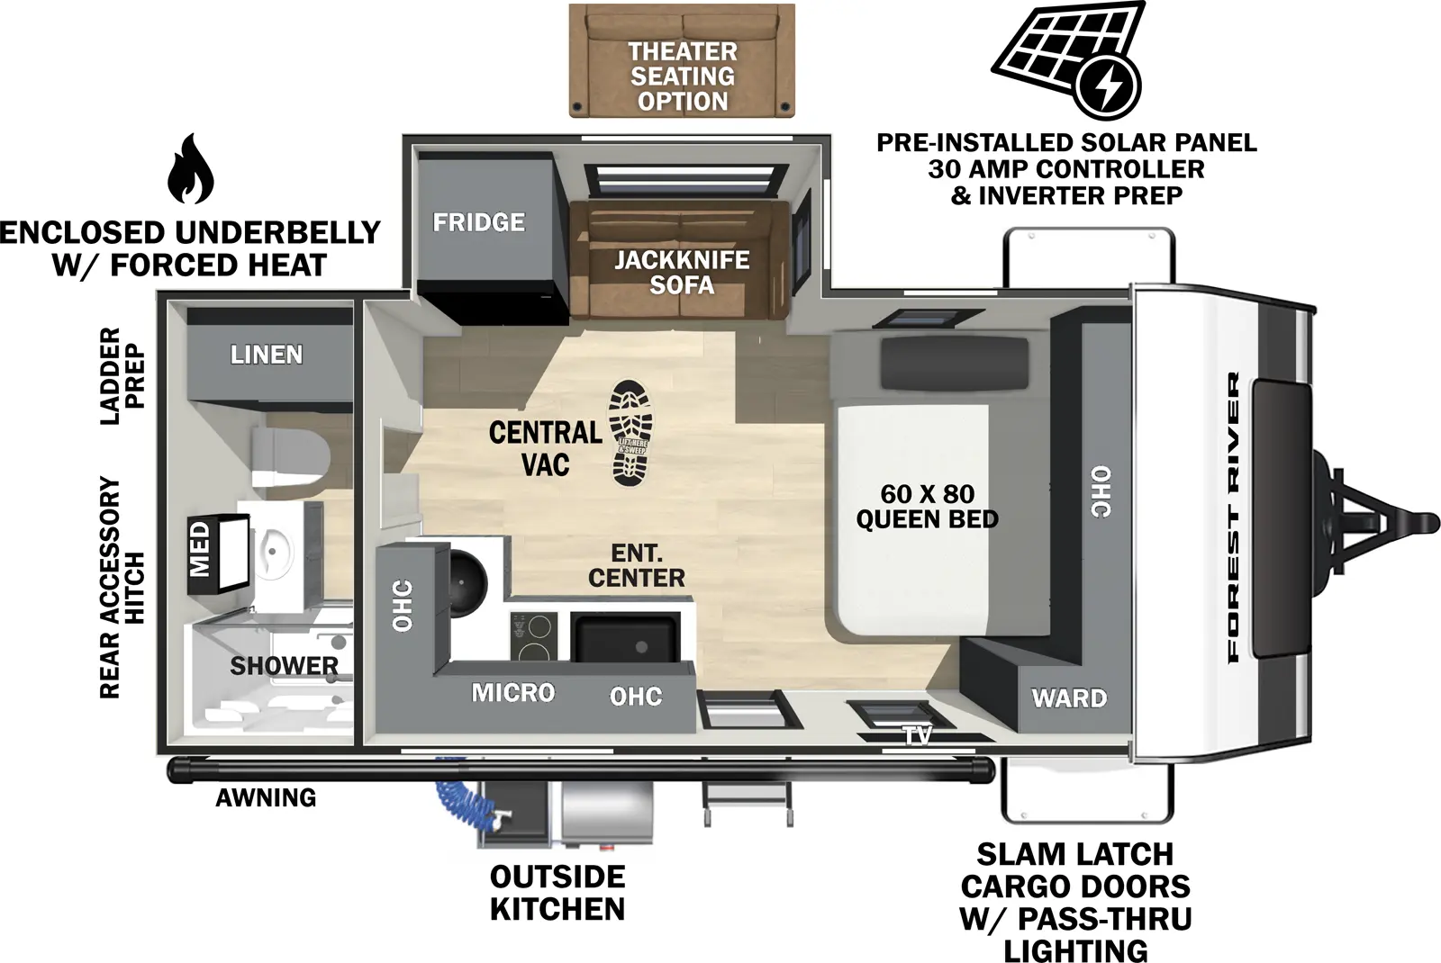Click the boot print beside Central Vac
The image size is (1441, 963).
coord(629,433)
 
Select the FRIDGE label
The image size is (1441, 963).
coord(478,222)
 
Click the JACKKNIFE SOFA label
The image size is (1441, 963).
coord(682,273)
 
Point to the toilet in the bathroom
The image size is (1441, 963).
coord(288,456)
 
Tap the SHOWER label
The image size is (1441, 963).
coord(284,666)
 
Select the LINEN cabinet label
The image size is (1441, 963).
coord(267,355)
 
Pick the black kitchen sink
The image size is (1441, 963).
coord(626,637)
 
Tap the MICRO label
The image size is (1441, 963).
coord(513,693)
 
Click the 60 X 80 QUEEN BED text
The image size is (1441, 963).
coord(927,507)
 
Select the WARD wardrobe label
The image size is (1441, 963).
coord(1069,697)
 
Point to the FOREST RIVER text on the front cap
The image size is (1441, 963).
coord(1234,517)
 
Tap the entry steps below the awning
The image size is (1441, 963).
coord(748,802)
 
